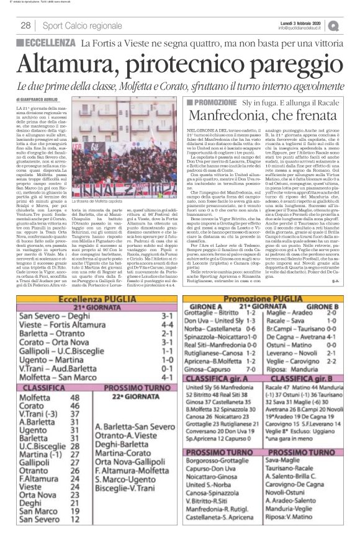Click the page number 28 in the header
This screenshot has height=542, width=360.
click(x=25, y=25)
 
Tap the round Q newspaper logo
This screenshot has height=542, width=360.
click(x=351, y=25)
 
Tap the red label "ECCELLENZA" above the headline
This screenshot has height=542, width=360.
click(x=47, y=43)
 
